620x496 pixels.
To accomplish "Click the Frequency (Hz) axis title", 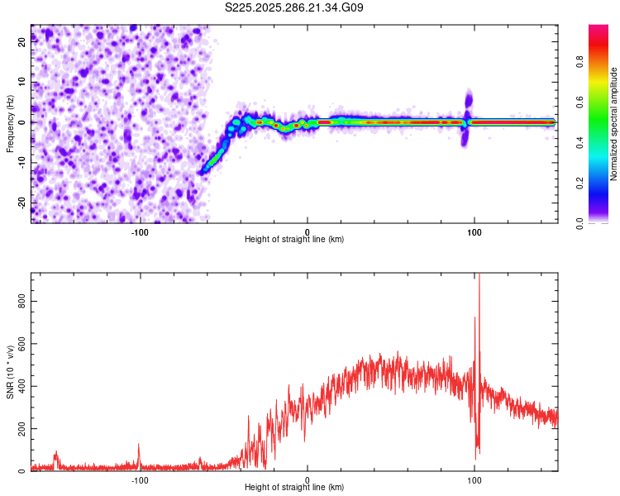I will (11, 124).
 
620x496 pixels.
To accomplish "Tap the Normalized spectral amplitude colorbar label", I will (614, 124).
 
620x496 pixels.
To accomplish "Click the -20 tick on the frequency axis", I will (22, 202).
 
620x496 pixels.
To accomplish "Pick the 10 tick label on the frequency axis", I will (22, 82).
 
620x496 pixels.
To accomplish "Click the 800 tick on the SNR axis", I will (22, 302).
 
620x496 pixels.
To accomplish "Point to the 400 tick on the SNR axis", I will (22, 386).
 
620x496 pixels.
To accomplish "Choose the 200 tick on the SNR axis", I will (22, 428).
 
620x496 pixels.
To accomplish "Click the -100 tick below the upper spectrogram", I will (140, 231).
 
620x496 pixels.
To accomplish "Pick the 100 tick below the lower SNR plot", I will (475, 479).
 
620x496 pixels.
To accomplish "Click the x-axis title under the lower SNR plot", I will (294, 489).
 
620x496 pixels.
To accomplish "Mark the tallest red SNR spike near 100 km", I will (479, 277).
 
